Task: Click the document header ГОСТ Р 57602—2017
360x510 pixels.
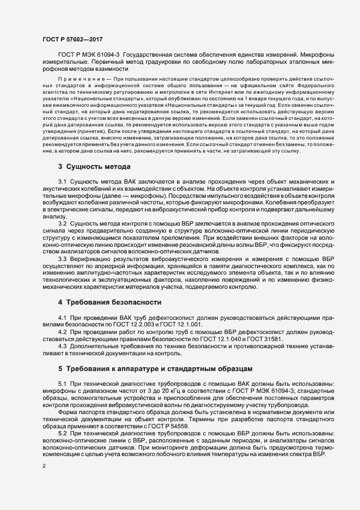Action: pos(72,39)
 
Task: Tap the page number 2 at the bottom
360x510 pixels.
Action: pos(44,466)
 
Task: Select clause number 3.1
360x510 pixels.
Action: pos(62,180)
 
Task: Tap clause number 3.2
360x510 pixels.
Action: pos(62,223)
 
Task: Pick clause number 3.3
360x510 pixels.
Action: pos(62,259)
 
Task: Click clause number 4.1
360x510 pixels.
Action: pos(62,317)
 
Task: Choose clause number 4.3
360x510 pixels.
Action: pos(62,345)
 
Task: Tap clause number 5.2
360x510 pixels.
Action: pos(62,433)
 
